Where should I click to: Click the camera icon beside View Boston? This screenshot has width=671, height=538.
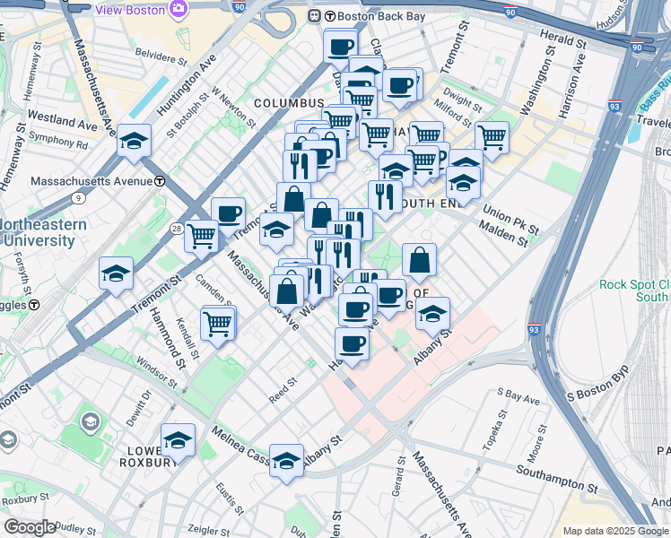click(x=179, y=9)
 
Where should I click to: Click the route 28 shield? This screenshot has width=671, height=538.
click(x=176, y=229)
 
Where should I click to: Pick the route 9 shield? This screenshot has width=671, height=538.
click(x=78, y=197)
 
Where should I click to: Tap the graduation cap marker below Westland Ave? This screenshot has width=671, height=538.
click(x=134, y=142)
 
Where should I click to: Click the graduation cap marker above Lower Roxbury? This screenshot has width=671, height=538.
click(x=178, y=440)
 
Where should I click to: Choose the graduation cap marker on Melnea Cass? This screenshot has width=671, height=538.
click(x=286, y=462)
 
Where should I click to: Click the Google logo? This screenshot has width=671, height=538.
click(x=30, y=527)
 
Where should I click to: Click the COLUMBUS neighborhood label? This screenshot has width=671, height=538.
click(x=288, y=104)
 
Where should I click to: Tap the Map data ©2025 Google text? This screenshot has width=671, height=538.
click(x=614, y=531)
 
